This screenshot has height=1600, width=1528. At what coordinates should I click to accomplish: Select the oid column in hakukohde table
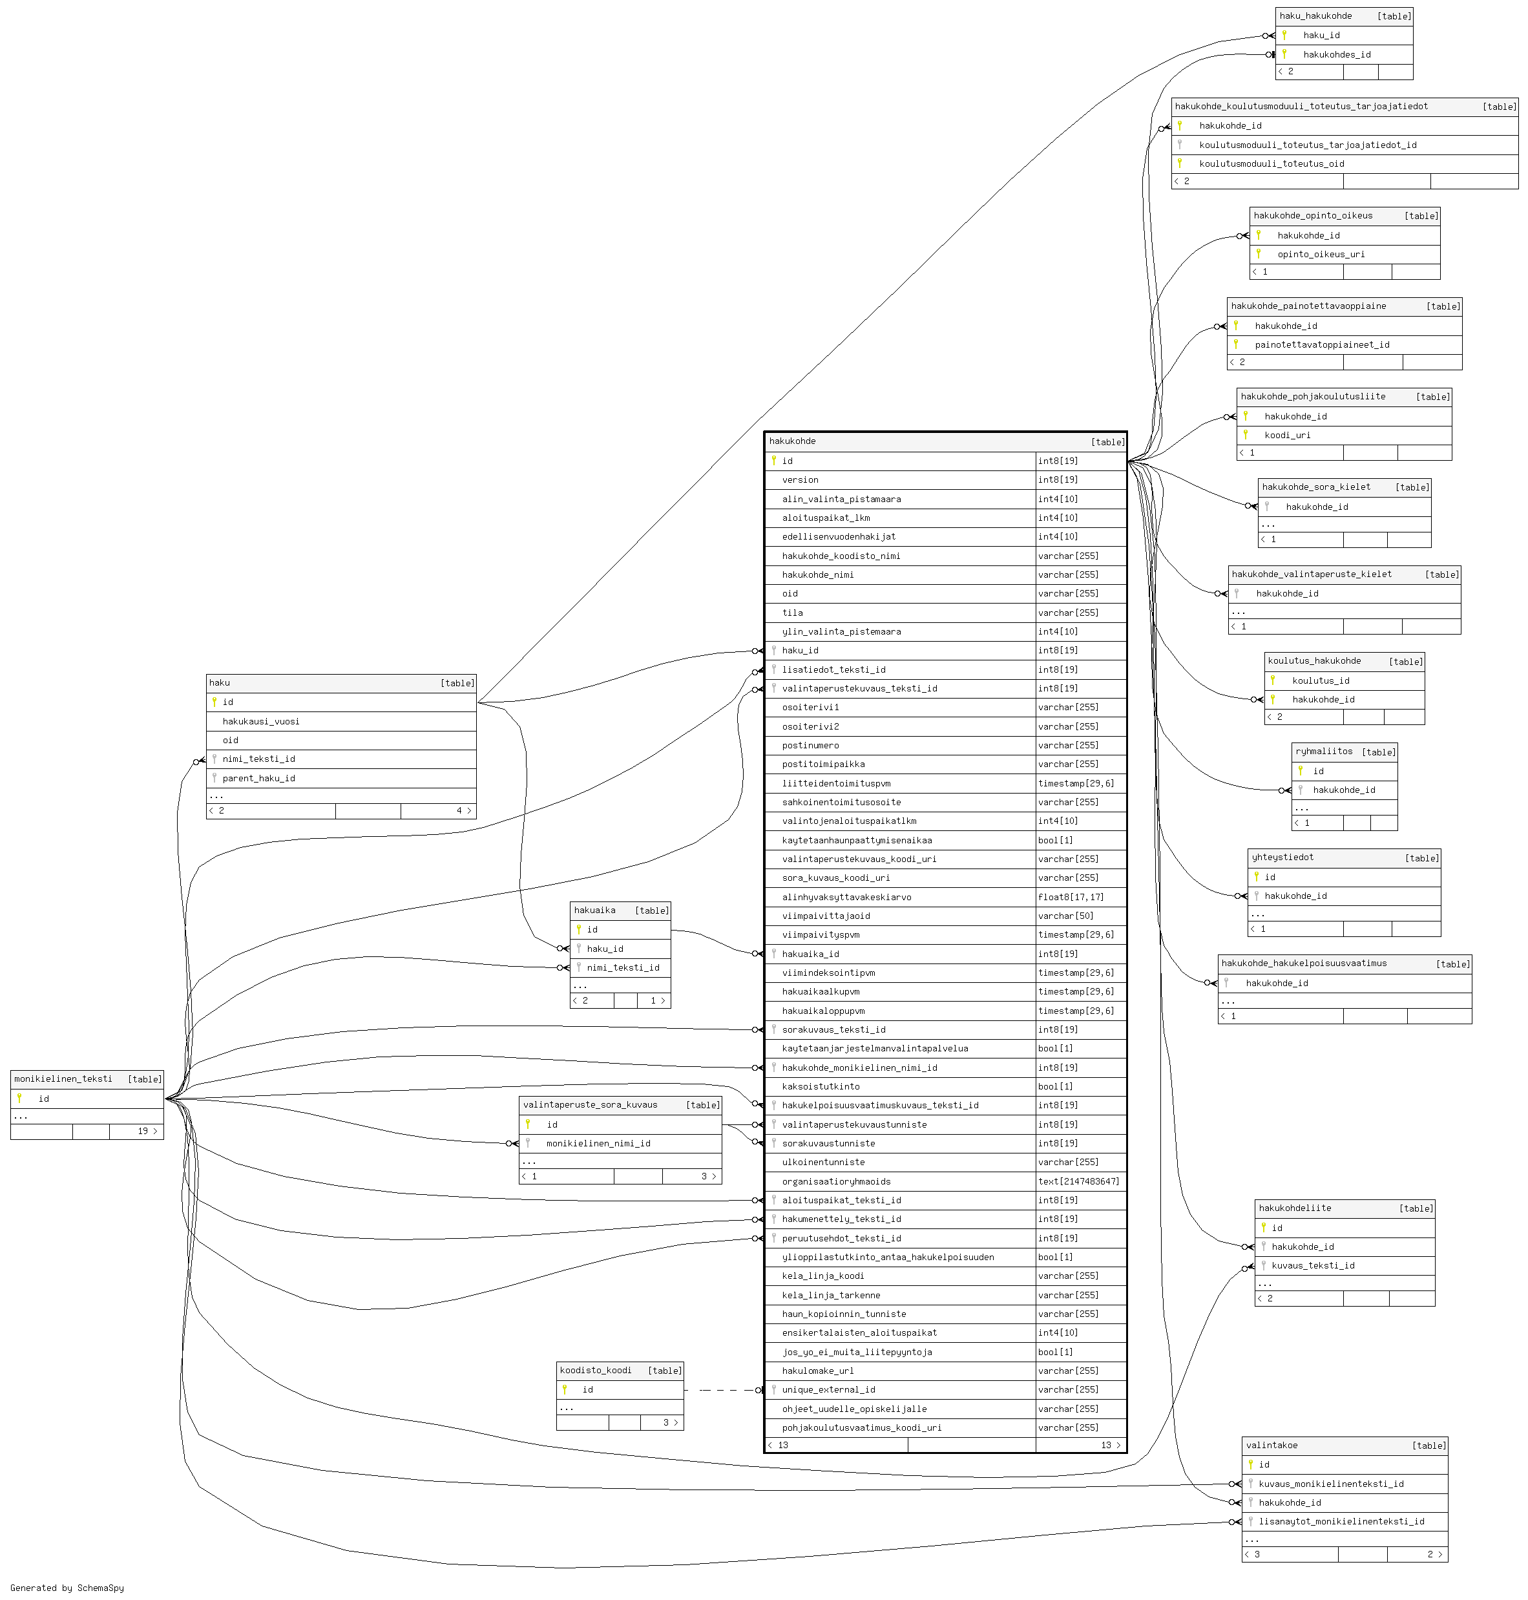[x=790, y=594]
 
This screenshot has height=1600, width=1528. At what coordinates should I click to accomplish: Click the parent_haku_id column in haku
[x=258, y=778]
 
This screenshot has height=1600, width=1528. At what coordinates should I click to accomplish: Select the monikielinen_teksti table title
[x=63, y=1079]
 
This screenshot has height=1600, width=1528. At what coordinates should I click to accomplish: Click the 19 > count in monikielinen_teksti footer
[x=147, y=1132]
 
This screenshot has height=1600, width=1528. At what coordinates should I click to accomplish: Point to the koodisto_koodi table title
[x=596, y=1370]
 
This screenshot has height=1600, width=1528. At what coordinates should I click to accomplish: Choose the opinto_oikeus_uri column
[x=1321, y=254]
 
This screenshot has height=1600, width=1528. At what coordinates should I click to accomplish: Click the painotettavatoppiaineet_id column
[x=1322, y=344]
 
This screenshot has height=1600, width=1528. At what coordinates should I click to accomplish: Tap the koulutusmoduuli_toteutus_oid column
[x=1272, y=163]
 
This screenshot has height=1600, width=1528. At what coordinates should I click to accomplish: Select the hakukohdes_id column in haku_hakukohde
[x=1337, y=54]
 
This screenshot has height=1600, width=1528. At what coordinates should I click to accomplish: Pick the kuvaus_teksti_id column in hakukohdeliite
[x=1313, y=1265]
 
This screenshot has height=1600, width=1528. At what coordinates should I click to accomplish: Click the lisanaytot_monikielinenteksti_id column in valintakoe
[x=1341, y=1521]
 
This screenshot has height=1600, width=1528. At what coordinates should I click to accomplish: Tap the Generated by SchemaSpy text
[x=67, y=1588]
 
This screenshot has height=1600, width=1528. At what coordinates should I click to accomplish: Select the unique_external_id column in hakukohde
[x=828, y=1390]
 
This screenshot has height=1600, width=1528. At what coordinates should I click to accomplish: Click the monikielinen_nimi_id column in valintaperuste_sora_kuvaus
[x=598, y=1143]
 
